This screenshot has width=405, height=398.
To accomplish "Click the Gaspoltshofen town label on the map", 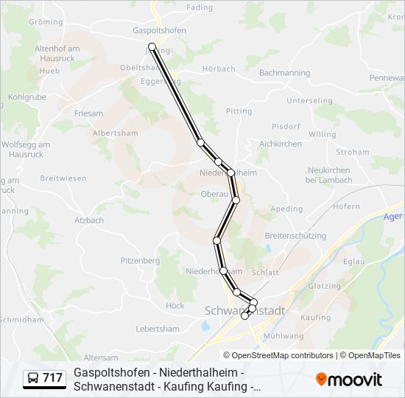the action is coord(159,30).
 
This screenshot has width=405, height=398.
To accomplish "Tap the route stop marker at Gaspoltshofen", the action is coord(152,46).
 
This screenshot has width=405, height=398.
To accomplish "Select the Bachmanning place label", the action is coord(284,73).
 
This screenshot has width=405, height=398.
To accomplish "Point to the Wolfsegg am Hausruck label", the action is coord(26,150).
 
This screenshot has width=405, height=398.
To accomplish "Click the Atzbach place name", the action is coord(88,220).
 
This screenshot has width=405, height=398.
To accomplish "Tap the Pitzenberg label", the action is coord(140,260).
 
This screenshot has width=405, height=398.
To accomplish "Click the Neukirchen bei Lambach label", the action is coord(328,175).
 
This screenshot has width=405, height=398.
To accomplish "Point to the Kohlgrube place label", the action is coord(27,97).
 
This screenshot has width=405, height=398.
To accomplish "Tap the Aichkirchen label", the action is coord(281,144).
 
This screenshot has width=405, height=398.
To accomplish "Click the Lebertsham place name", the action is coord(158,329).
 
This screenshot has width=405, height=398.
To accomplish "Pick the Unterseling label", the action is coord(309,100).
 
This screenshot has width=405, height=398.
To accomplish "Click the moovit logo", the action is coord(349,380).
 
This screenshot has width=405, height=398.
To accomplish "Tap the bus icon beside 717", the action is coord(33,379).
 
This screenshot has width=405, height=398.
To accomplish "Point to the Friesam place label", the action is coord(88,114).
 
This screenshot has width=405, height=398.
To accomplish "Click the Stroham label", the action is coord(352,152).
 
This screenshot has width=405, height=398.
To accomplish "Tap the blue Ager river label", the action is coord(394,217).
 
